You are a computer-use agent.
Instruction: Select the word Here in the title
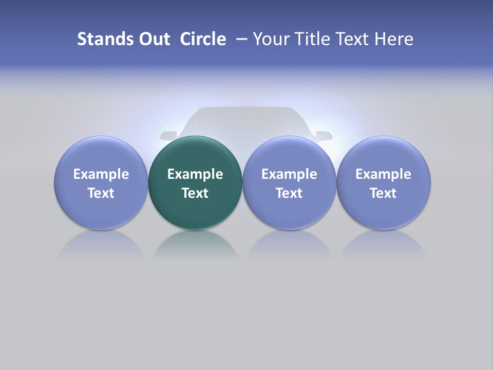click(x=393, y=39)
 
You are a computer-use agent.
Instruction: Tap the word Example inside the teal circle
click(x=195, y=174)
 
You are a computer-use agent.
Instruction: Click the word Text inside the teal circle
click(x=195, y=193)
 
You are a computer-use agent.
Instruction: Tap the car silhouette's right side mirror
click(x=324, y=136)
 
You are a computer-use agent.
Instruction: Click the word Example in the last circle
click(x=384, y=174)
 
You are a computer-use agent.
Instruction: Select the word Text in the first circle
click(x=101, y=193)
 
